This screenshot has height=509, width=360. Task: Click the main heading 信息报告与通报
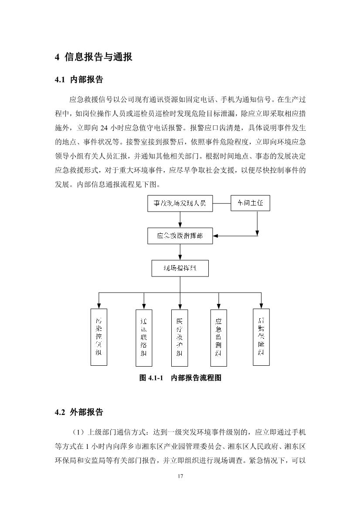click(93, 57)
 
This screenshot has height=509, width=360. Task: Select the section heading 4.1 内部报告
click(79, 80)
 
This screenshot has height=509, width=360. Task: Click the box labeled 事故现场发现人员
click(180, 203)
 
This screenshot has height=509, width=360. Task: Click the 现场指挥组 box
click(180, 268)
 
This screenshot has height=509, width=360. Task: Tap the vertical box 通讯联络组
click(143, 337)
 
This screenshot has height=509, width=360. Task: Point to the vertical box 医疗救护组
click(180, 337)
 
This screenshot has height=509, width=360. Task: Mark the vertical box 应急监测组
click(218, 337)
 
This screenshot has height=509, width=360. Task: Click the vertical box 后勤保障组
click(261, 337)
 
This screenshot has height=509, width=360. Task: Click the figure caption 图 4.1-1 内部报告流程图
click(180, 378)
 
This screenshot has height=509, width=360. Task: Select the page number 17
click(180, 475)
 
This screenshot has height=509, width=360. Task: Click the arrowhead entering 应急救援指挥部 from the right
click(216, 236)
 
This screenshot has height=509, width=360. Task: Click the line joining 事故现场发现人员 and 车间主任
click(221, 203)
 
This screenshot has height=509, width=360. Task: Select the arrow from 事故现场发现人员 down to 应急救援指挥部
click(180, 220)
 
